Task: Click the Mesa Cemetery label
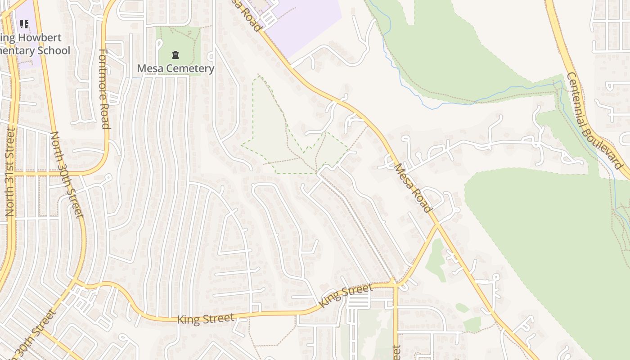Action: [175, 68]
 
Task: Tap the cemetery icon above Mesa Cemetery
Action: [175, 55]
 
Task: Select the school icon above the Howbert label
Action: [24, 23]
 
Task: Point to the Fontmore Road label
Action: [104, 89]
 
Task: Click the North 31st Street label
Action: [10, 171]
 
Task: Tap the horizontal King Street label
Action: [206, 319]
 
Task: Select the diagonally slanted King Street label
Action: [346, 295]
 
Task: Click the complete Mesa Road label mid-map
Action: [413, 188]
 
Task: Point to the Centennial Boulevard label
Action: [594, 120]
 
